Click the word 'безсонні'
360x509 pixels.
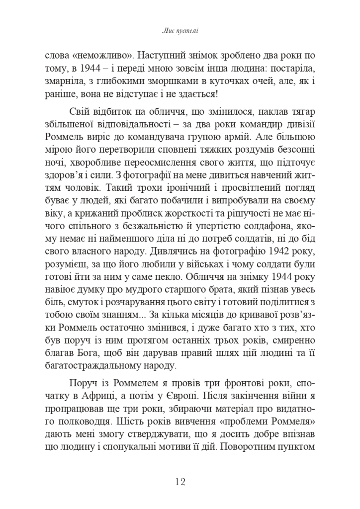pos(295,149)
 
